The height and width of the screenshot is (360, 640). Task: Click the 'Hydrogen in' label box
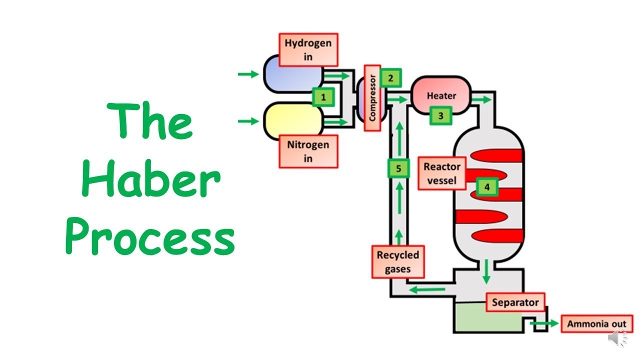308,49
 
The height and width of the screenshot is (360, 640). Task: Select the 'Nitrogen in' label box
308,151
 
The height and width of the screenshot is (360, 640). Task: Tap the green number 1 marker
323,97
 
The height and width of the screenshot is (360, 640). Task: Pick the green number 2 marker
390,78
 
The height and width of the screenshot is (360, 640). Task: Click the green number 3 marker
441,115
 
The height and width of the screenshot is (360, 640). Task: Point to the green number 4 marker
487,187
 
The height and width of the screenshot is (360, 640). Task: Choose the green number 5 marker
398,168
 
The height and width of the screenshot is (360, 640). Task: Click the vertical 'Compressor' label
372,98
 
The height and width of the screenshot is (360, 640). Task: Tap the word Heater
441,95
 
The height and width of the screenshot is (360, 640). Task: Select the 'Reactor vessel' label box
442,173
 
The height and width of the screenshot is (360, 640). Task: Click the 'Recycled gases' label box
398,261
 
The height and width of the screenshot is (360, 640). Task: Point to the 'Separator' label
515,302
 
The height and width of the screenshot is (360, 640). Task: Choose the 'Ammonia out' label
597,323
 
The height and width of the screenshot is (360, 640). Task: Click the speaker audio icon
617,338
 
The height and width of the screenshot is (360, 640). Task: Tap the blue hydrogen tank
293,74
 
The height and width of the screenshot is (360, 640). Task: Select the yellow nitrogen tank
293,121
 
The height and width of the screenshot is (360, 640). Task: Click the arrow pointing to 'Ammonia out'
544,323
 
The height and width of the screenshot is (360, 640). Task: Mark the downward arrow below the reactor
486,271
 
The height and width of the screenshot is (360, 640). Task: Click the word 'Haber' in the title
151,178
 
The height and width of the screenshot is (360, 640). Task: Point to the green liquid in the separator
489,317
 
